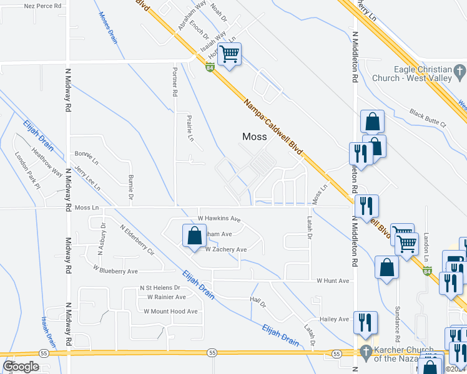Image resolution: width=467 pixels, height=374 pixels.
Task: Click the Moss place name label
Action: click(x=254, y=137)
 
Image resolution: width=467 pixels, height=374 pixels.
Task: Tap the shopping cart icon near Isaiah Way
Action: click(x=230, y=55)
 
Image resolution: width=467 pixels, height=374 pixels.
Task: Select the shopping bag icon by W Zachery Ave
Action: click(x=194, y=236)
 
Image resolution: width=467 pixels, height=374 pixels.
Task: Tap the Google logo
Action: click(x=21, y=367)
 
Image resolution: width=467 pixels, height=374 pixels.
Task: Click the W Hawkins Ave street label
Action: click(x=219, y=219)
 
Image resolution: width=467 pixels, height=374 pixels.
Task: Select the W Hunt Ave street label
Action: click(x=332, y=280)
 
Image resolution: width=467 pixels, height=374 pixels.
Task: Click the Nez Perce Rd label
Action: click(x=42, y=6)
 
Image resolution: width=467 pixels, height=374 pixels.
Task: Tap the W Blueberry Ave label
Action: click(x=116, y=271)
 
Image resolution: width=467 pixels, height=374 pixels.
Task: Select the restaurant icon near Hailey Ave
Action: click(x=365, y=322)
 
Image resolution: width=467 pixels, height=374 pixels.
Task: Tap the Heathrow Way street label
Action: click(x=47, y=163)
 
